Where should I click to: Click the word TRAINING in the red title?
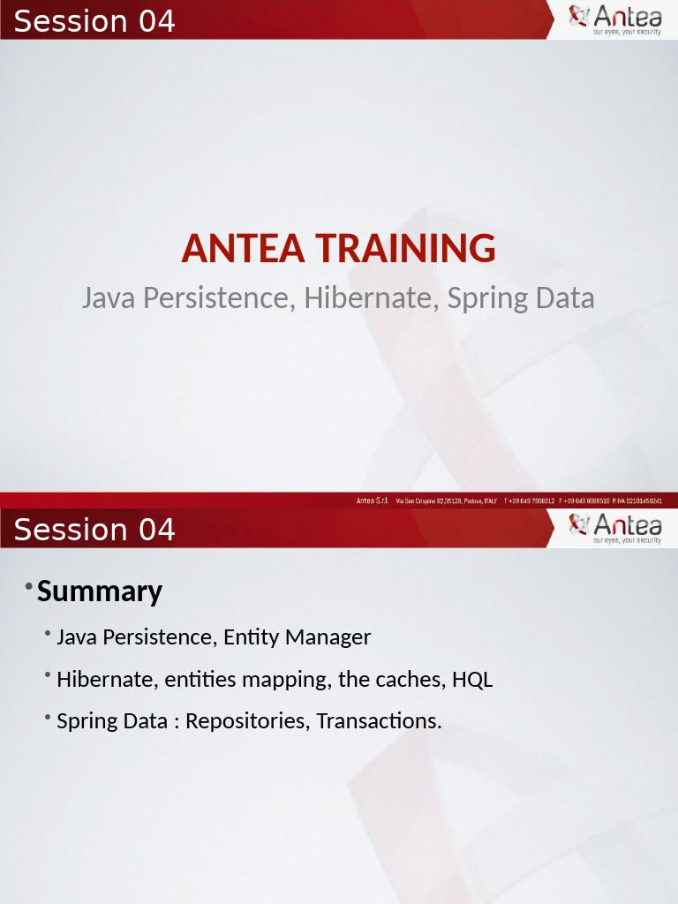click(404, 249)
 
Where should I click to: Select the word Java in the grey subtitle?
click(109, 298)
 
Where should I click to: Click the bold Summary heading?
click(100, 591)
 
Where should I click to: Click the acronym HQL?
click(472, 680)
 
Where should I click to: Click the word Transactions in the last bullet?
click(379, 721)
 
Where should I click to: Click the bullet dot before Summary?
click(29, 587)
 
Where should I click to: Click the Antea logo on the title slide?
click(614, 19)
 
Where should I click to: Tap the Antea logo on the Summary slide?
click(614, 527)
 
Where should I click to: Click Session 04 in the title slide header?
click(94, 20)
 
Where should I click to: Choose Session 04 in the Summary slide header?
click(94, 529)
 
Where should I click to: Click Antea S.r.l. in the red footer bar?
click(373, 501)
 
